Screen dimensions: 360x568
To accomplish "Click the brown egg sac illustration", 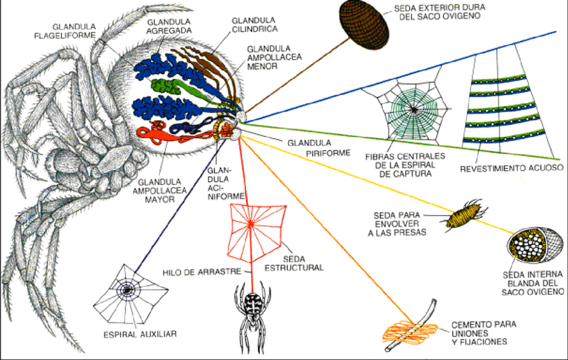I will point(364,21).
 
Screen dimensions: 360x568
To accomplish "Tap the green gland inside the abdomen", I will point(167,86).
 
